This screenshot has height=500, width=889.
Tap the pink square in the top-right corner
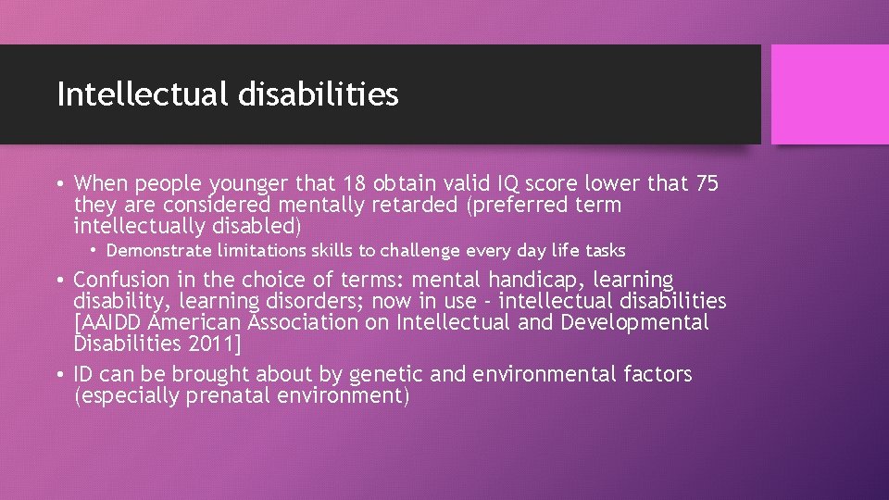point(830,94)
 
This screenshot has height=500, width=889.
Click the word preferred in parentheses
point(518,205)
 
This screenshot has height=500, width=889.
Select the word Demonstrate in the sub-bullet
point(158,250)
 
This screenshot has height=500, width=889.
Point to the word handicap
point(545,280)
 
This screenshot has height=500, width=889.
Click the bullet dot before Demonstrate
point(94,250)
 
